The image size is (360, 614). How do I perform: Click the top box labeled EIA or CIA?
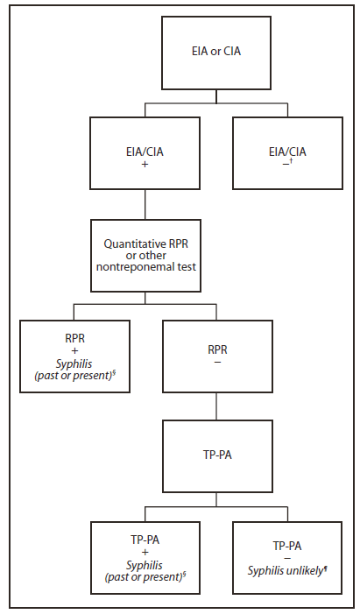coord(215,51)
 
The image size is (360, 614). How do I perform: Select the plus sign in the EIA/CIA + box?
coord(145,163)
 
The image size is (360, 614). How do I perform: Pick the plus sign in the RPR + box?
coord(74,349)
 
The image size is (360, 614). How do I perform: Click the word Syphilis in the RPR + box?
coord(74,363)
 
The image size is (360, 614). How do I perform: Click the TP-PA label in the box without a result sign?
coord(215,455)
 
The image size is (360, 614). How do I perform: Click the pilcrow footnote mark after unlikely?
coord(327,566)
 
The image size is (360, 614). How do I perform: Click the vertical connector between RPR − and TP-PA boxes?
coord(215,406)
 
